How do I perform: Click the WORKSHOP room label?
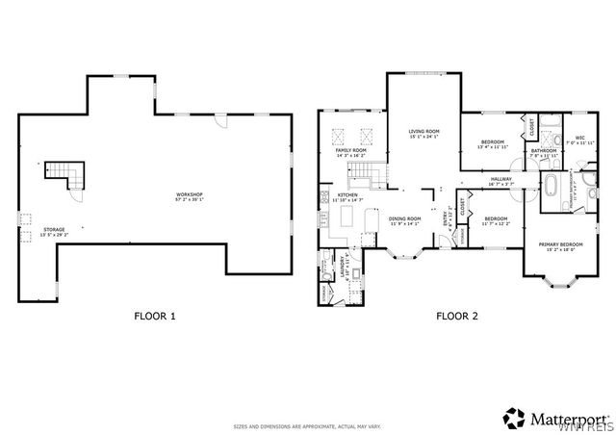point(189,196)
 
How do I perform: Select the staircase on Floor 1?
point(64,174)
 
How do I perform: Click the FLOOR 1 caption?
point(153,315)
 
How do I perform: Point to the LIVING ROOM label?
point(423,133)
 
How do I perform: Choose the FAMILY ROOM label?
point(350,152)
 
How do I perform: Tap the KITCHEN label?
point(347,197)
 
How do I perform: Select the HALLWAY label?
point(501,180)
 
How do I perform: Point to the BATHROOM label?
point(544,151)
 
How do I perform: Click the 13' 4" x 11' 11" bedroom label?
point(493,145)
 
